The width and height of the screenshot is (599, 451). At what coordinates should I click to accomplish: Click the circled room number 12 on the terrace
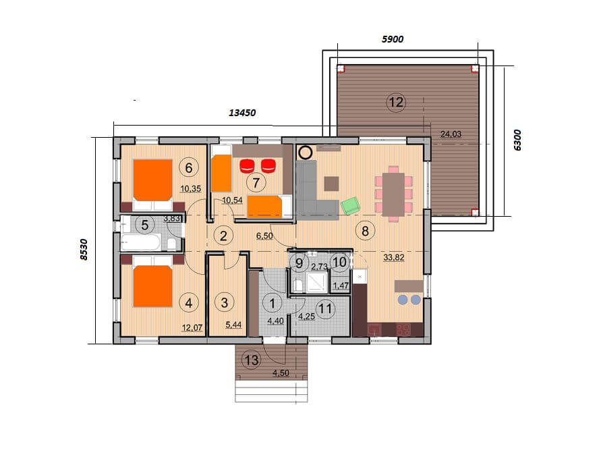(396, 103)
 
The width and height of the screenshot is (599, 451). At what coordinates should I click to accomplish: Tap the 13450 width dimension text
(242, 113)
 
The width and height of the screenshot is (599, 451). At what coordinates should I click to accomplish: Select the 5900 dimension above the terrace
(393, 39)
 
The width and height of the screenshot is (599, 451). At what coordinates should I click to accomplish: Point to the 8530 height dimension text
(84, 250)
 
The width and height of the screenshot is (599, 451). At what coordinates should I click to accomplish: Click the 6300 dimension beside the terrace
(517, 140)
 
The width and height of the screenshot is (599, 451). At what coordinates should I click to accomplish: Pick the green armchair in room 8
(351, 206)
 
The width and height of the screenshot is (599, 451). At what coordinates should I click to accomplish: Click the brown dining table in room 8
(393, 195)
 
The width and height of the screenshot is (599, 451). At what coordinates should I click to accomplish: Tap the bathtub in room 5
(140, 242)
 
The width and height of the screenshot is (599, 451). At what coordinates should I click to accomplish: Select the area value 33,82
(394, 258)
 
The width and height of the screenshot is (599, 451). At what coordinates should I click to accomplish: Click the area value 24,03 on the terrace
(451, 134)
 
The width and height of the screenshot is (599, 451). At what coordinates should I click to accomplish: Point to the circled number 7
(256, 183)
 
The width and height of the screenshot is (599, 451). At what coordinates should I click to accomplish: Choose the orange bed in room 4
(152, 286)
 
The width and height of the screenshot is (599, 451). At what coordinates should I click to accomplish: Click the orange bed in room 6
(152, 180)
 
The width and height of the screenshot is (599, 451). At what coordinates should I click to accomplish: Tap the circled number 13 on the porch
(252, 360)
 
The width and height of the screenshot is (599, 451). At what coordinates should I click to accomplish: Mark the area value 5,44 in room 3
(233, 325)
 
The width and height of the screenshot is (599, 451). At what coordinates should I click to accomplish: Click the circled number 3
(224, 302)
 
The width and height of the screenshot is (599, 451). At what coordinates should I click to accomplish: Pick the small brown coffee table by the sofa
(331, 184)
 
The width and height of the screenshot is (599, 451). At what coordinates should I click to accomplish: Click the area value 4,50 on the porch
(281, 373)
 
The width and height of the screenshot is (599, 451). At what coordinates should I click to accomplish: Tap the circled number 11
(326, 309)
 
